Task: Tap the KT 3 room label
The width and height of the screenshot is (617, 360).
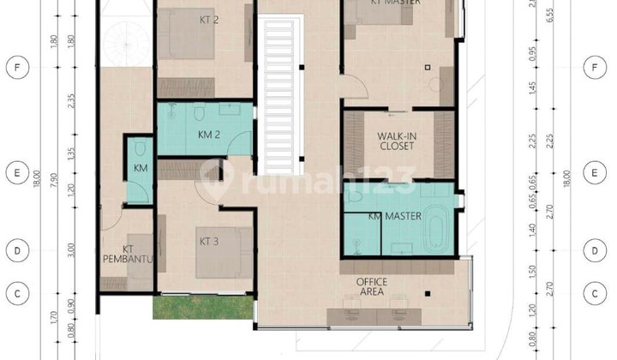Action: (208, 241)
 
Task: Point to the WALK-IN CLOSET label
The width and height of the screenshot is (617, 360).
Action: (397, 141)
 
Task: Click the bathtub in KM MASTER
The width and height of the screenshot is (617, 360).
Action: (437, 231)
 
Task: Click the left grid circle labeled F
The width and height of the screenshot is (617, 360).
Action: (15, 67)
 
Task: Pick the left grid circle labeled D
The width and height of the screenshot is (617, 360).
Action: (15, 251)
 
